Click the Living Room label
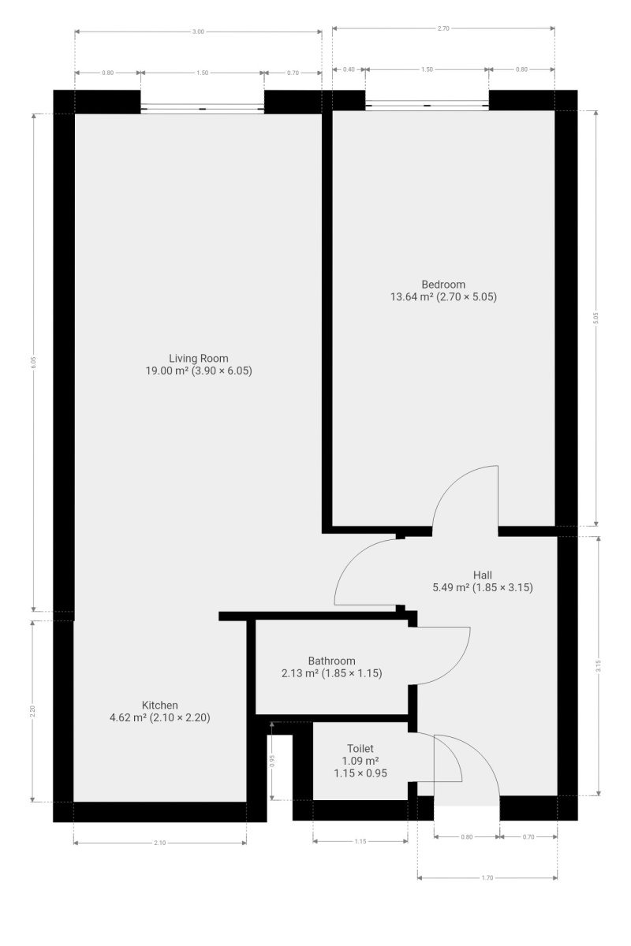coord(199,358)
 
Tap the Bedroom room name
coord(443,285)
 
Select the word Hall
coord(482,575)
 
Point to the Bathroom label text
coord(331,661)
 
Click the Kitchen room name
coord(160,705)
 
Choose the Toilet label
coord(360,748)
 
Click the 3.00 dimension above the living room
coord(198,32)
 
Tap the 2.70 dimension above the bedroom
coord(443,28)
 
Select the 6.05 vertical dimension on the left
coord(34,363)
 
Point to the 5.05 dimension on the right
coord(596,318)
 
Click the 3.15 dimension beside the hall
coord(599,666)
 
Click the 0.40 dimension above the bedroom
coord(349,69)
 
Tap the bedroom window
coord(428,105)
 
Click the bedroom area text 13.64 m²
coord(412,296)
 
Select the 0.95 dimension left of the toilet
coord(272,761)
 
